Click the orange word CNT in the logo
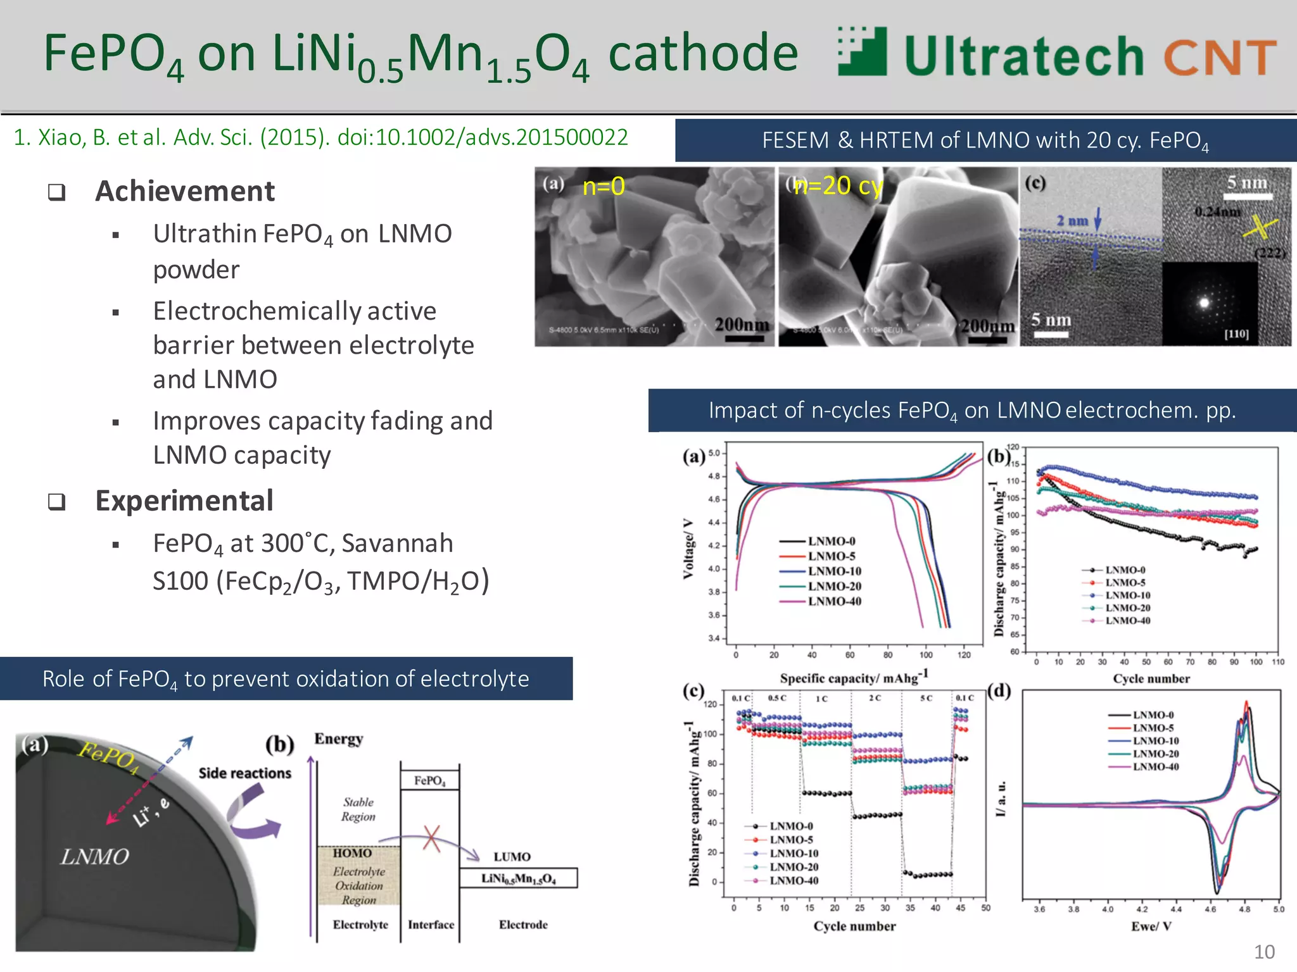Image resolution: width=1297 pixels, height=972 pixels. click(x=1219, y=57)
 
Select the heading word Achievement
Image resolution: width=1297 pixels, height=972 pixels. click(x=185, y=191)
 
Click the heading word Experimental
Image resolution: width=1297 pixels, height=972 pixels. click(x=184, y=501)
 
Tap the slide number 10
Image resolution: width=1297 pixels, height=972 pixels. click(x=1264, y=952)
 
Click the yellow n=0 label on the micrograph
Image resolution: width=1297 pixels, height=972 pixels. click(x=603, y=186)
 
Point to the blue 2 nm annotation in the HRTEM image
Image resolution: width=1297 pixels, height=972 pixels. click(x=1072, y=221)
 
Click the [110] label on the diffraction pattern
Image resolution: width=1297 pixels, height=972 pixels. click(x=1236, y=333)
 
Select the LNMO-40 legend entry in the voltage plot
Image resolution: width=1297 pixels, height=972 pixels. click(x=834, y=601)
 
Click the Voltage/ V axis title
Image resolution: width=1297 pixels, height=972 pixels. click(x=688, y=549)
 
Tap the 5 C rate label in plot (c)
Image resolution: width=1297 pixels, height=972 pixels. click(x=926, y=698)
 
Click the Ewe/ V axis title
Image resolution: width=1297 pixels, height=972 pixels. click(x=1151, y=926)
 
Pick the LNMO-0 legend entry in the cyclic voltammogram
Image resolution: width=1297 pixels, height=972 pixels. click(x=1153, y=715)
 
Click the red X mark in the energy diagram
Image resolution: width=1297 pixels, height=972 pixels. click(x=432, y=838)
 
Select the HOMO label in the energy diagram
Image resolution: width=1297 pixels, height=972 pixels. click(x=352, y=853)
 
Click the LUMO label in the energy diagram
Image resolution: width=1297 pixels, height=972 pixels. click(x=512, y=857)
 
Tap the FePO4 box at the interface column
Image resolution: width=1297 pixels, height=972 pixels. click(x=430, y=780)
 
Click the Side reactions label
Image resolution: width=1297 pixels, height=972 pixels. click(x=244, y=773)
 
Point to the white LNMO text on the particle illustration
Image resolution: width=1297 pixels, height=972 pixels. click(x=95, y=857)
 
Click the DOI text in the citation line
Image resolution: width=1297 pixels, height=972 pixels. click(x=483, y=137)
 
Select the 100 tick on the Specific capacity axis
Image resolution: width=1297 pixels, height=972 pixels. click(x=926, y=655)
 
